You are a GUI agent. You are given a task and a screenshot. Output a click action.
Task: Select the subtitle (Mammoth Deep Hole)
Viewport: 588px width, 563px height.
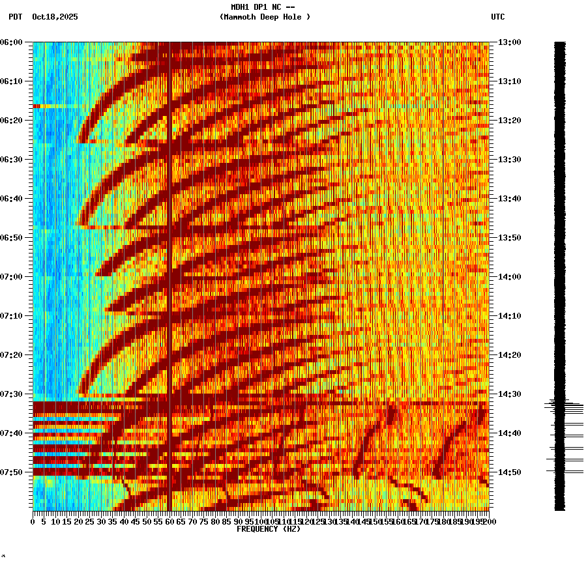265,17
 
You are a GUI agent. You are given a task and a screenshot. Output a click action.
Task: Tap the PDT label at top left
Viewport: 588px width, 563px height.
15,17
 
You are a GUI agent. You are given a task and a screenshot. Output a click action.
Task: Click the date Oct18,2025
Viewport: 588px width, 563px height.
55,17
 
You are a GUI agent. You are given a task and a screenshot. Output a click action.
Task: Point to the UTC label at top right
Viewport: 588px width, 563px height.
497,17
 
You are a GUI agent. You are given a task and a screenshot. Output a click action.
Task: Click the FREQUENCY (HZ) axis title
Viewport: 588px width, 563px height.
268,529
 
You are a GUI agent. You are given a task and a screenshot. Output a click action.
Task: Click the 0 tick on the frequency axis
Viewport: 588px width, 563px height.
33,521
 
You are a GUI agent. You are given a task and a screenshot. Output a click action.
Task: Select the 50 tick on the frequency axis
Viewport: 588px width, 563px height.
147,521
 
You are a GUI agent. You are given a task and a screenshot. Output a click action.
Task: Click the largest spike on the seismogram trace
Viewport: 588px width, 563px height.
548,406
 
